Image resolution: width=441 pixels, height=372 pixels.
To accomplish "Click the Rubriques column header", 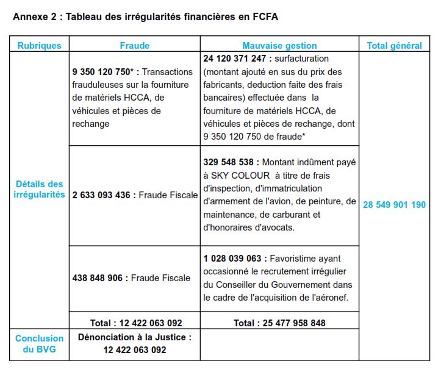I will coord(40,45).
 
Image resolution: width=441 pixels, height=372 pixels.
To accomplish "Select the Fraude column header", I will coord(134,45).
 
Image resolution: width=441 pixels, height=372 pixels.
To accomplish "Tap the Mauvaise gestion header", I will coord(279,45).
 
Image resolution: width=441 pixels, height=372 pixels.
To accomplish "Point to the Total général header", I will coord(394,45).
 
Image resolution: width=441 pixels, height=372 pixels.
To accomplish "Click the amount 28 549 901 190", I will coord(394,205).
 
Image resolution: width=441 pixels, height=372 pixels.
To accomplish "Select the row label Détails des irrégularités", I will coord(40,189).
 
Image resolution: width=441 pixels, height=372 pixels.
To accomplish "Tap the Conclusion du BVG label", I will coord(40,344).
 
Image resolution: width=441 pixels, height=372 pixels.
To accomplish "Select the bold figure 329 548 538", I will coord(231,163).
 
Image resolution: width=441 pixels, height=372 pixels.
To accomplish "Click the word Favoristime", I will coord(292,257).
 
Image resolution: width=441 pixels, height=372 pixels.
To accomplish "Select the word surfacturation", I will coord(301,59).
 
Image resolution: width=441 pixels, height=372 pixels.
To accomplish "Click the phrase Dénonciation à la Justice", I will coord(134,337).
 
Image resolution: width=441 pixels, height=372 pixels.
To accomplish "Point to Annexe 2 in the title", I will coord(34,16).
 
